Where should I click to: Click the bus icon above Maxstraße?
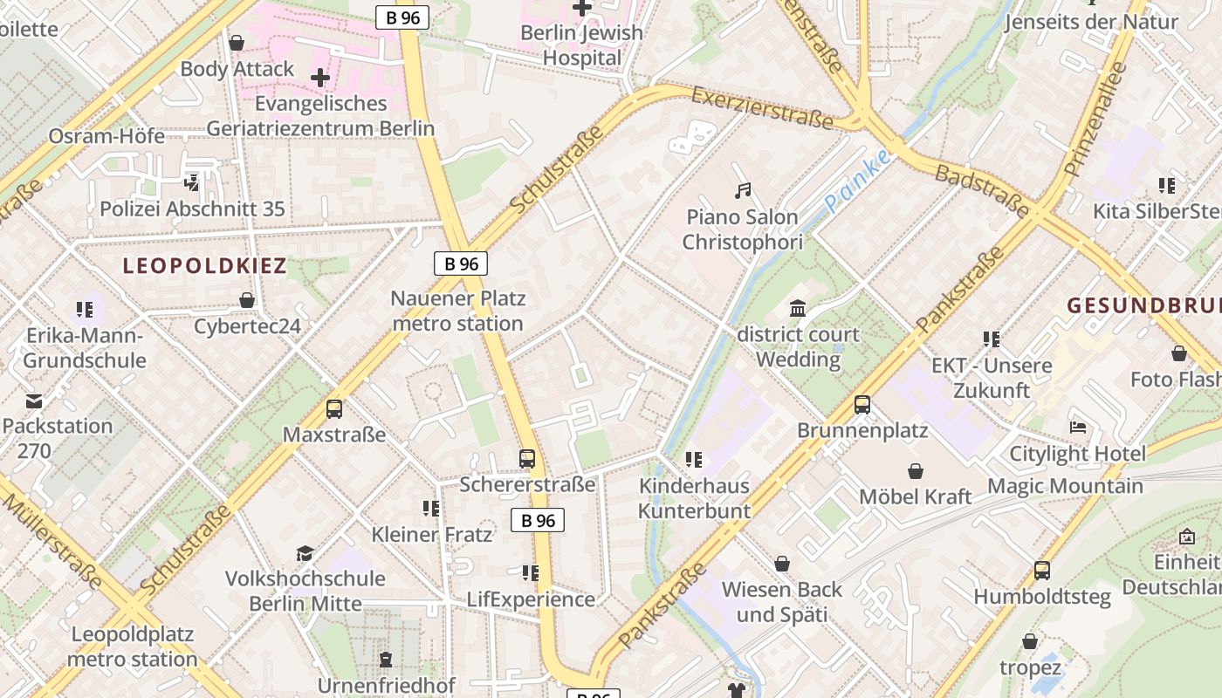click(333, 408)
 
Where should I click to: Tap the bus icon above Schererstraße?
click(527, 458)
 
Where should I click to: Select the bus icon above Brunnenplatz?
click(862, 405)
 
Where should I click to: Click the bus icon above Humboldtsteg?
click(1042, 571)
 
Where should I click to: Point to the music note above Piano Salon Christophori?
click(743, 190)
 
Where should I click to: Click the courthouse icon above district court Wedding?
click(797, 308)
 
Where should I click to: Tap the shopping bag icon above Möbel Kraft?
click(916, 471)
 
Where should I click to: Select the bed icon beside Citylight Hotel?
click(1078, 428)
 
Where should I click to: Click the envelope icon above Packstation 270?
click(34, 400)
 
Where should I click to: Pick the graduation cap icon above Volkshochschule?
click(305, 553)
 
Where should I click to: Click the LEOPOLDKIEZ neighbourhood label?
click(205, 266)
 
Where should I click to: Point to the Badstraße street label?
click(983, 190)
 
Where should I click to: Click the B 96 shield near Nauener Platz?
click(460, 263)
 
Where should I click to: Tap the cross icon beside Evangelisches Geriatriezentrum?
click(320, 78)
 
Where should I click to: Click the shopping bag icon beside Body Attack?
click(237, 43)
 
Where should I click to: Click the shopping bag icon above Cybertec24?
click(247, 301)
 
